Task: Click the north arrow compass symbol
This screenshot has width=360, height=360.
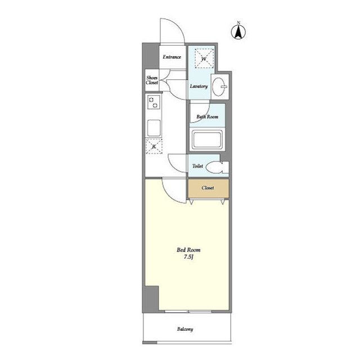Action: pos(238,31)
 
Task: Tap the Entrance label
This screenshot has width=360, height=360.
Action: pos(172,57)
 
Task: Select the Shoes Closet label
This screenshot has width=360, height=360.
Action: pos(152,80)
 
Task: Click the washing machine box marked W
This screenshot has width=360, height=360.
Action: pos(204,58)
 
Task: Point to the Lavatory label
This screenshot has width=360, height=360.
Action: pos(199,86)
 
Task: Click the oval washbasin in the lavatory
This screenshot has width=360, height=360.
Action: pos(219,87)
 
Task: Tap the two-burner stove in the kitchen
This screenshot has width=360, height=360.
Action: pos(154,102)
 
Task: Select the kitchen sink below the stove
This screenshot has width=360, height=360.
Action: pos(154,128)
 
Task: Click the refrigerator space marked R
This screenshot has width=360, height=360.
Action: pos(154,146)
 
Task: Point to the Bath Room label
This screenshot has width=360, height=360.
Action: pos(208,116)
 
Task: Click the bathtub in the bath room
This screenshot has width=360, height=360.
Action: pos(207,140)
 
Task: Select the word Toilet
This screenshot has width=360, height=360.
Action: pos(197,166)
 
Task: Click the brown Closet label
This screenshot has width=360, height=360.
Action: pos(208,188)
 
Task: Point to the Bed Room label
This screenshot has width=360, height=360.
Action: pos(188,250)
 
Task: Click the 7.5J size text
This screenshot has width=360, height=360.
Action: pos(188,257)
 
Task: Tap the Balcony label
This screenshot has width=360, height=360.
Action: pos(185,329)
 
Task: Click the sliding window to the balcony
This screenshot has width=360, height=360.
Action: pos(188,312)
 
